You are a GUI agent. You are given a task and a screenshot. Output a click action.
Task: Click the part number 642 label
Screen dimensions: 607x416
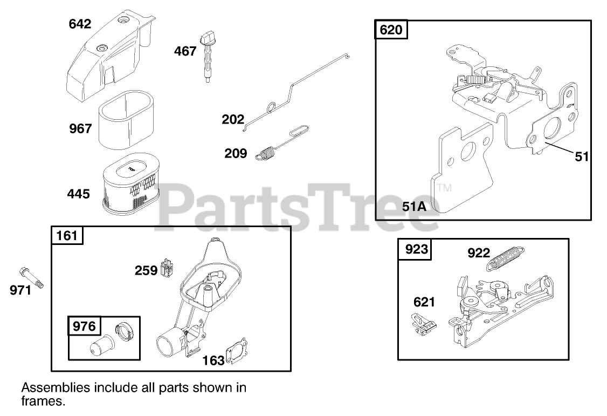[80, 24]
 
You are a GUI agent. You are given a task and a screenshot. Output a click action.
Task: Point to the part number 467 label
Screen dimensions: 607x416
[185, 51]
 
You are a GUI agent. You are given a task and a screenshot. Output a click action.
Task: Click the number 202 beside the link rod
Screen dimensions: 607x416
[233, 119]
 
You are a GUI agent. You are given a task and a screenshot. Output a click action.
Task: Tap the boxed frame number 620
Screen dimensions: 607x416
[391, 30]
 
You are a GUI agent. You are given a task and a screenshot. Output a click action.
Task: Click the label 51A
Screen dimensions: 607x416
[415, 206]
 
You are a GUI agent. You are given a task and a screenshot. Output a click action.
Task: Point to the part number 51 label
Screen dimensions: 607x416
[582, 156]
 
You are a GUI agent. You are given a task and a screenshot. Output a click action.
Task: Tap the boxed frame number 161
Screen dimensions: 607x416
[67, 235]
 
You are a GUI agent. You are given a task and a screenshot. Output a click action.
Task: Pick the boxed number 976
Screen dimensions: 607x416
[84, 326]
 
